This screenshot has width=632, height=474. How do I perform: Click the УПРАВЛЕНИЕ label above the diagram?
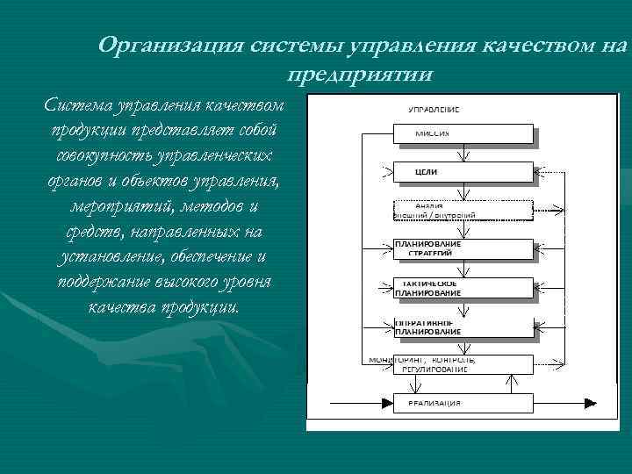434,110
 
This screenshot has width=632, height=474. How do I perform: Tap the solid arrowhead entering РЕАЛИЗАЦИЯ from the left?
386,403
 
